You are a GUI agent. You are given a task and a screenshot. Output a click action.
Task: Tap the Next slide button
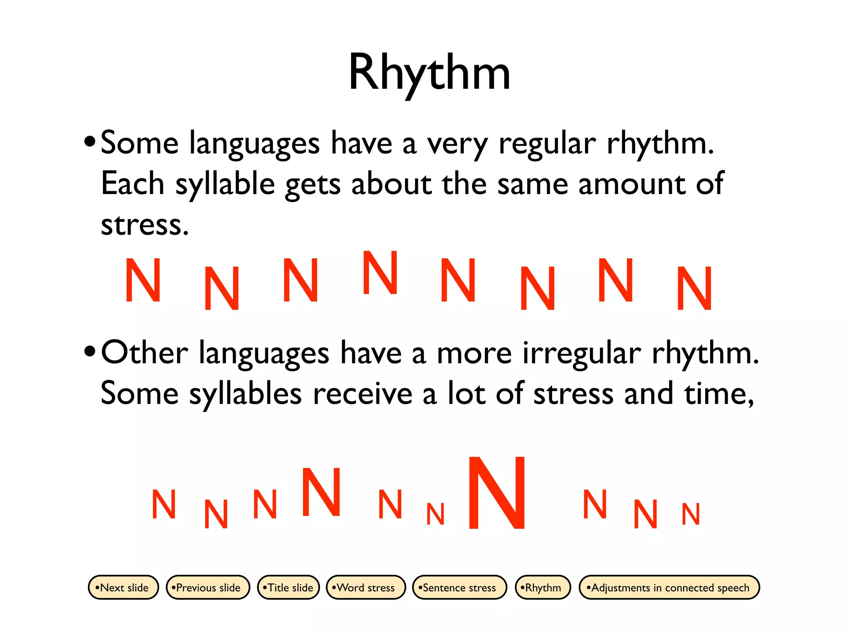coord(124,587)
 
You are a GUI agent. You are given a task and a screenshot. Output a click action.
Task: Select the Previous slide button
coord(208,587)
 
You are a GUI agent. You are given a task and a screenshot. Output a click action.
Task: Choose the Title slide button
coord(289,587)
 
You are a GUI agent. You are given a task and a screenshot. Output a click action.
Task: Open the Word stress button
coord(366,587)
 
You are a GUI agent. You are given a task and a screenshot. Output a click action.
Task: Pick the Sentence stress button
coord(459,587)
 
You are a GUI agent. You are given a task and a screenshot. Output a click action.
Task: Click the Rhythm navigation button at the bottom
coord(543,587)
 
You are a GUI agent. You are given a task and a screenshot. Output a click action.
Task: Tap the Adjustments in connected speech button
coord(669,587)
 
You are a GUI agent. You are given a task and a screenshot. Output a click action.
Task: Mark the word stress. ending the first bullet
coord(145,225)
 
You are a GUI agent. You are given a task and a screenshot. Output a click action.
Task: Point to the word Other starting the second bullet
coord(144,353)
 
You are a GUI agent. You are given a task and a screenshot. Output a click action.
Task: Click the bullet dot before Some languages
coord(89,142)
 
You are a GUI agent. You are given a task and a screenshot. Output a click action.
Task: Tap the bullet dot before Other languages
coord(89,352)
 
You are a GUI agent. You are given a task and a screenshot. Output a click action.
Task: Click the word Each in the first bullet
coord(132,184)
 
